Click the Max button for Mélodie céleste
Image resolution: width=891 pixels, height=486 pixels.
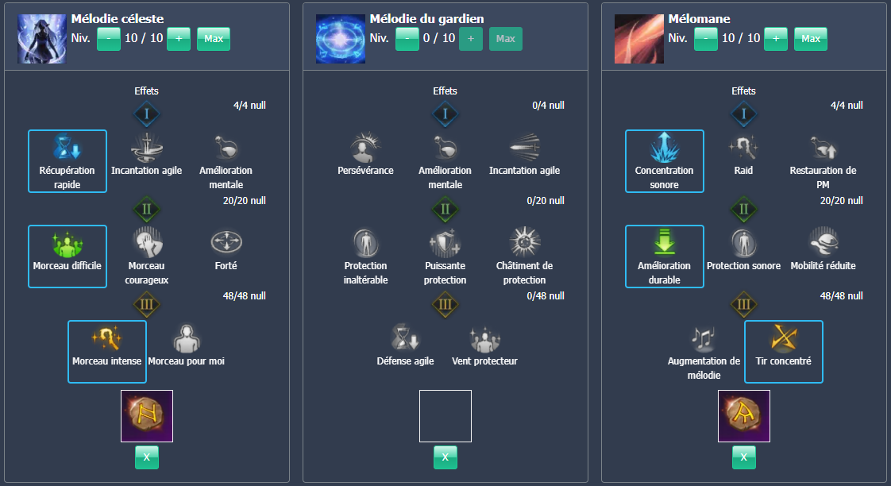(x=213, y=39)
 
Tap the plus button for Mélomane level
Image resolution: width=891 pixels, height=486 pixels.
(x=776, y=39)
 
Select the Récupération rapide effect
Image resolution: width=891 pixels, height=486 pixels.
(x=67, y=161)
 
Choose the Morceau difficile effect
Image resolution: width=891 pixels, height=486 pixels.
(x=67, y=256)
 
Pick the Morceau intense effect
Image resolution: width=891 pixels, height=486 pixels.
(x=107, y=352)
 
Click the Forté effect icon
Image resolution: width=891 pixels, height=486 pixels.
(x=226, y=242)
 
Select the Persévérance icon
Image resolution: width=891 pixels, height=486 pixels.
(x=366, y=148)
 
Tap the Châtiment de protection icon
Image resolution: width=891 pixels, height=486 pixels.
(x=524, y=242)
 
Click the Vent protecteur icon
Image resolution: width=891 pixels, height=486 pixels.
(x=485, y=338)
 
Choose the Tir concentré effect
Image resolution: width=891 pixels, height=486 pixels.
(x=784, y=351)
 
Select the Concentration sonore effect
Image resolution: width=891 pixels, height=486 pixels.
(x=665, y=161)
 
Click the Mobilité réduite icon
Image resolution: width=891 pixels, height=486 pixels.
(x=823, y=242)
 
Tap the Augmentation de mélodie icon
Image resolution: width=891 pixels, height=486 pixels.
(x=704, y=338)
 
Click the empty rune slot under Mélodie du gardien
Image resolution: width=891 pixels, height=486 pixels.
(x=445, y=415)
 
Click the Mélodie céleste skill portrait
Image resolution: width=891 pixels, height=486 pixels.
(x=41, y=38)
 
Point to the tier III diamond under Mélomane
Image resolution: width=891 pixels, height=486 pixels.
(x=744, y=304)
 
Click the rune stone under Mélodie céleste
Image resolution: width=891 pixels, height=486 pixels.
(x=147, y=415)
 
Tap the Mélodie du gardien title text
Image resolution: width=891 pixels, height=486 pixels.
(x=426, y=19)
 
